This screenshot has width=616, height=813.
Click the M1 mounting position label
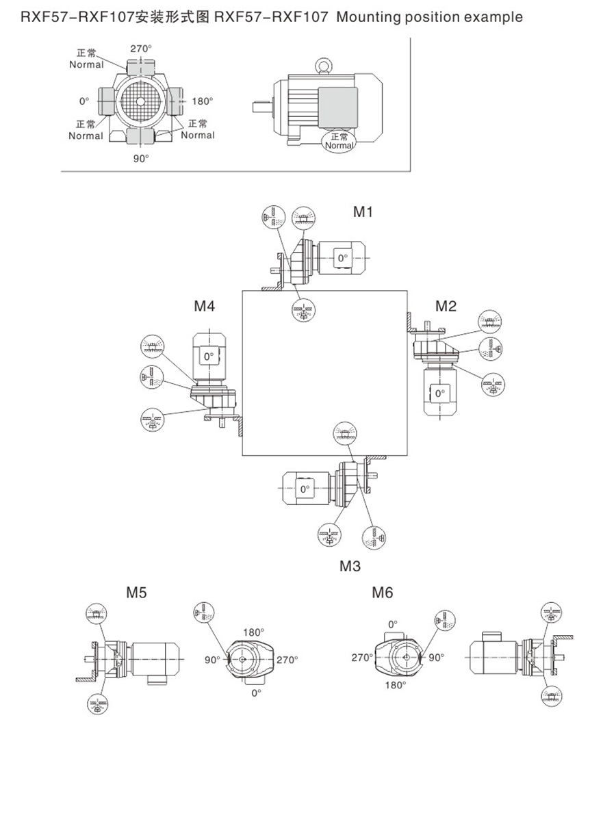(x=363, y=212)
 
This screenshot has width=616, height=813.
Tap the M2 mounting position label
(x=446, y=306)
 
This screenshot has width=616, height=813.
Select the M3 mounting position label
(x=350, y=566)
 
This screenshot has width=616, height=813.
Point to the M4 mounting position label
(x=204, y=306)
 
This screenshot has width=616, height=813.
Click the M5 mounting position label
(x=136, y=593)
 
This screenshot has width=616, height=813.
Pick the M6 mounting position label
(x=383, y=593)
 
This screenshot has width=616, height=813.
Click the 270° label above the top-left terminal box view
(x=140, y=49)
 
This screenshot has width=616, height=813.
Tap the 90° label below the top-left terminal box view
(x=140, y=158)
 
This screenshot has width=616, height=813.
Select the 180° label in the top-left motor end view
(x=202, y=101)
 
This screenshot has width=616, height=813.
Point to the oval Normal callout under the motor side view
(x=339, y=142)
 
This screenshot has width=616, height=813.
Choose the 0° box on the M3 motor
(x=305, y=489)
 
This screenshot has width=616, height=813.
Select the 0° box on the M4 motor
(x=208, y=356)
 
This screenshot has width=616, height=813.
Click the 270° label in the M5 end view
(x=287, y=660)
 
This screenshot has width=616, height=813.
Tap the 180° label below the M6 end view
(x=395, y=684)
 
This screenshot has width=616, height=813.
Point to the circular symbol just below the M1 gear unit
(x=301, y=310)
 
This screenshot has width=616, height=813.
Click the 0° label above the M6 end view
(x=393, y=624)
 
